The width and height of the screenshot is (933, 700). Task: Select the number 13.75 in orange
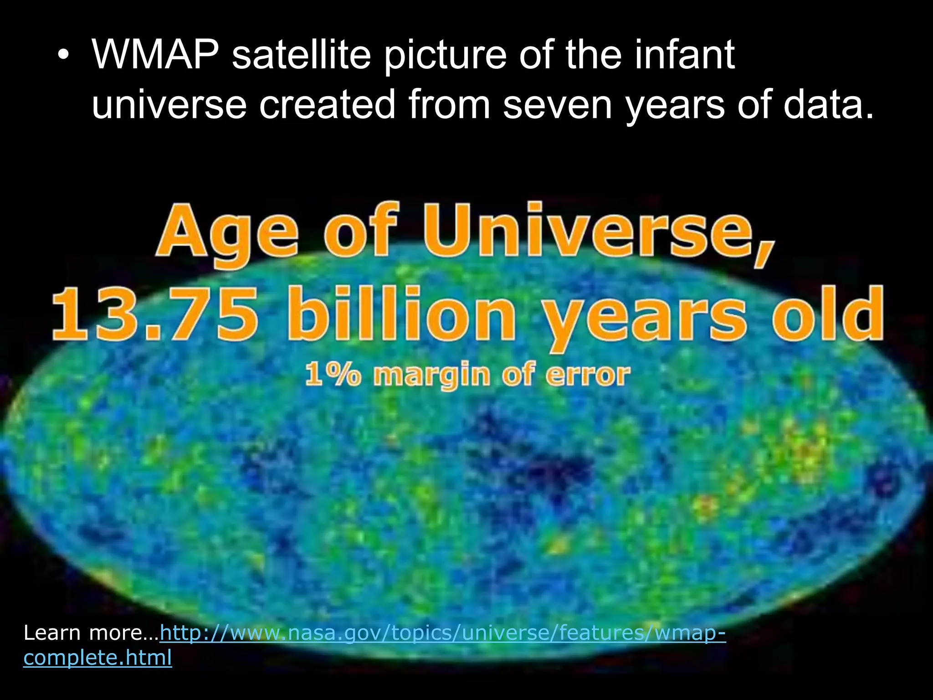pos(155,314)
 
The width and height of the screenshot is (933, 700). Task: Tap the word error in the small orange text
pos(588,375)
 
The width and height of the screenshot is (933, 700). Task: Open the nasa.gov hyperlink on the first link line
pos(442,633)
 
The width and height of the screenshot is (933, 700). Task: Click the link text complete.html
pos(97,658)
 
